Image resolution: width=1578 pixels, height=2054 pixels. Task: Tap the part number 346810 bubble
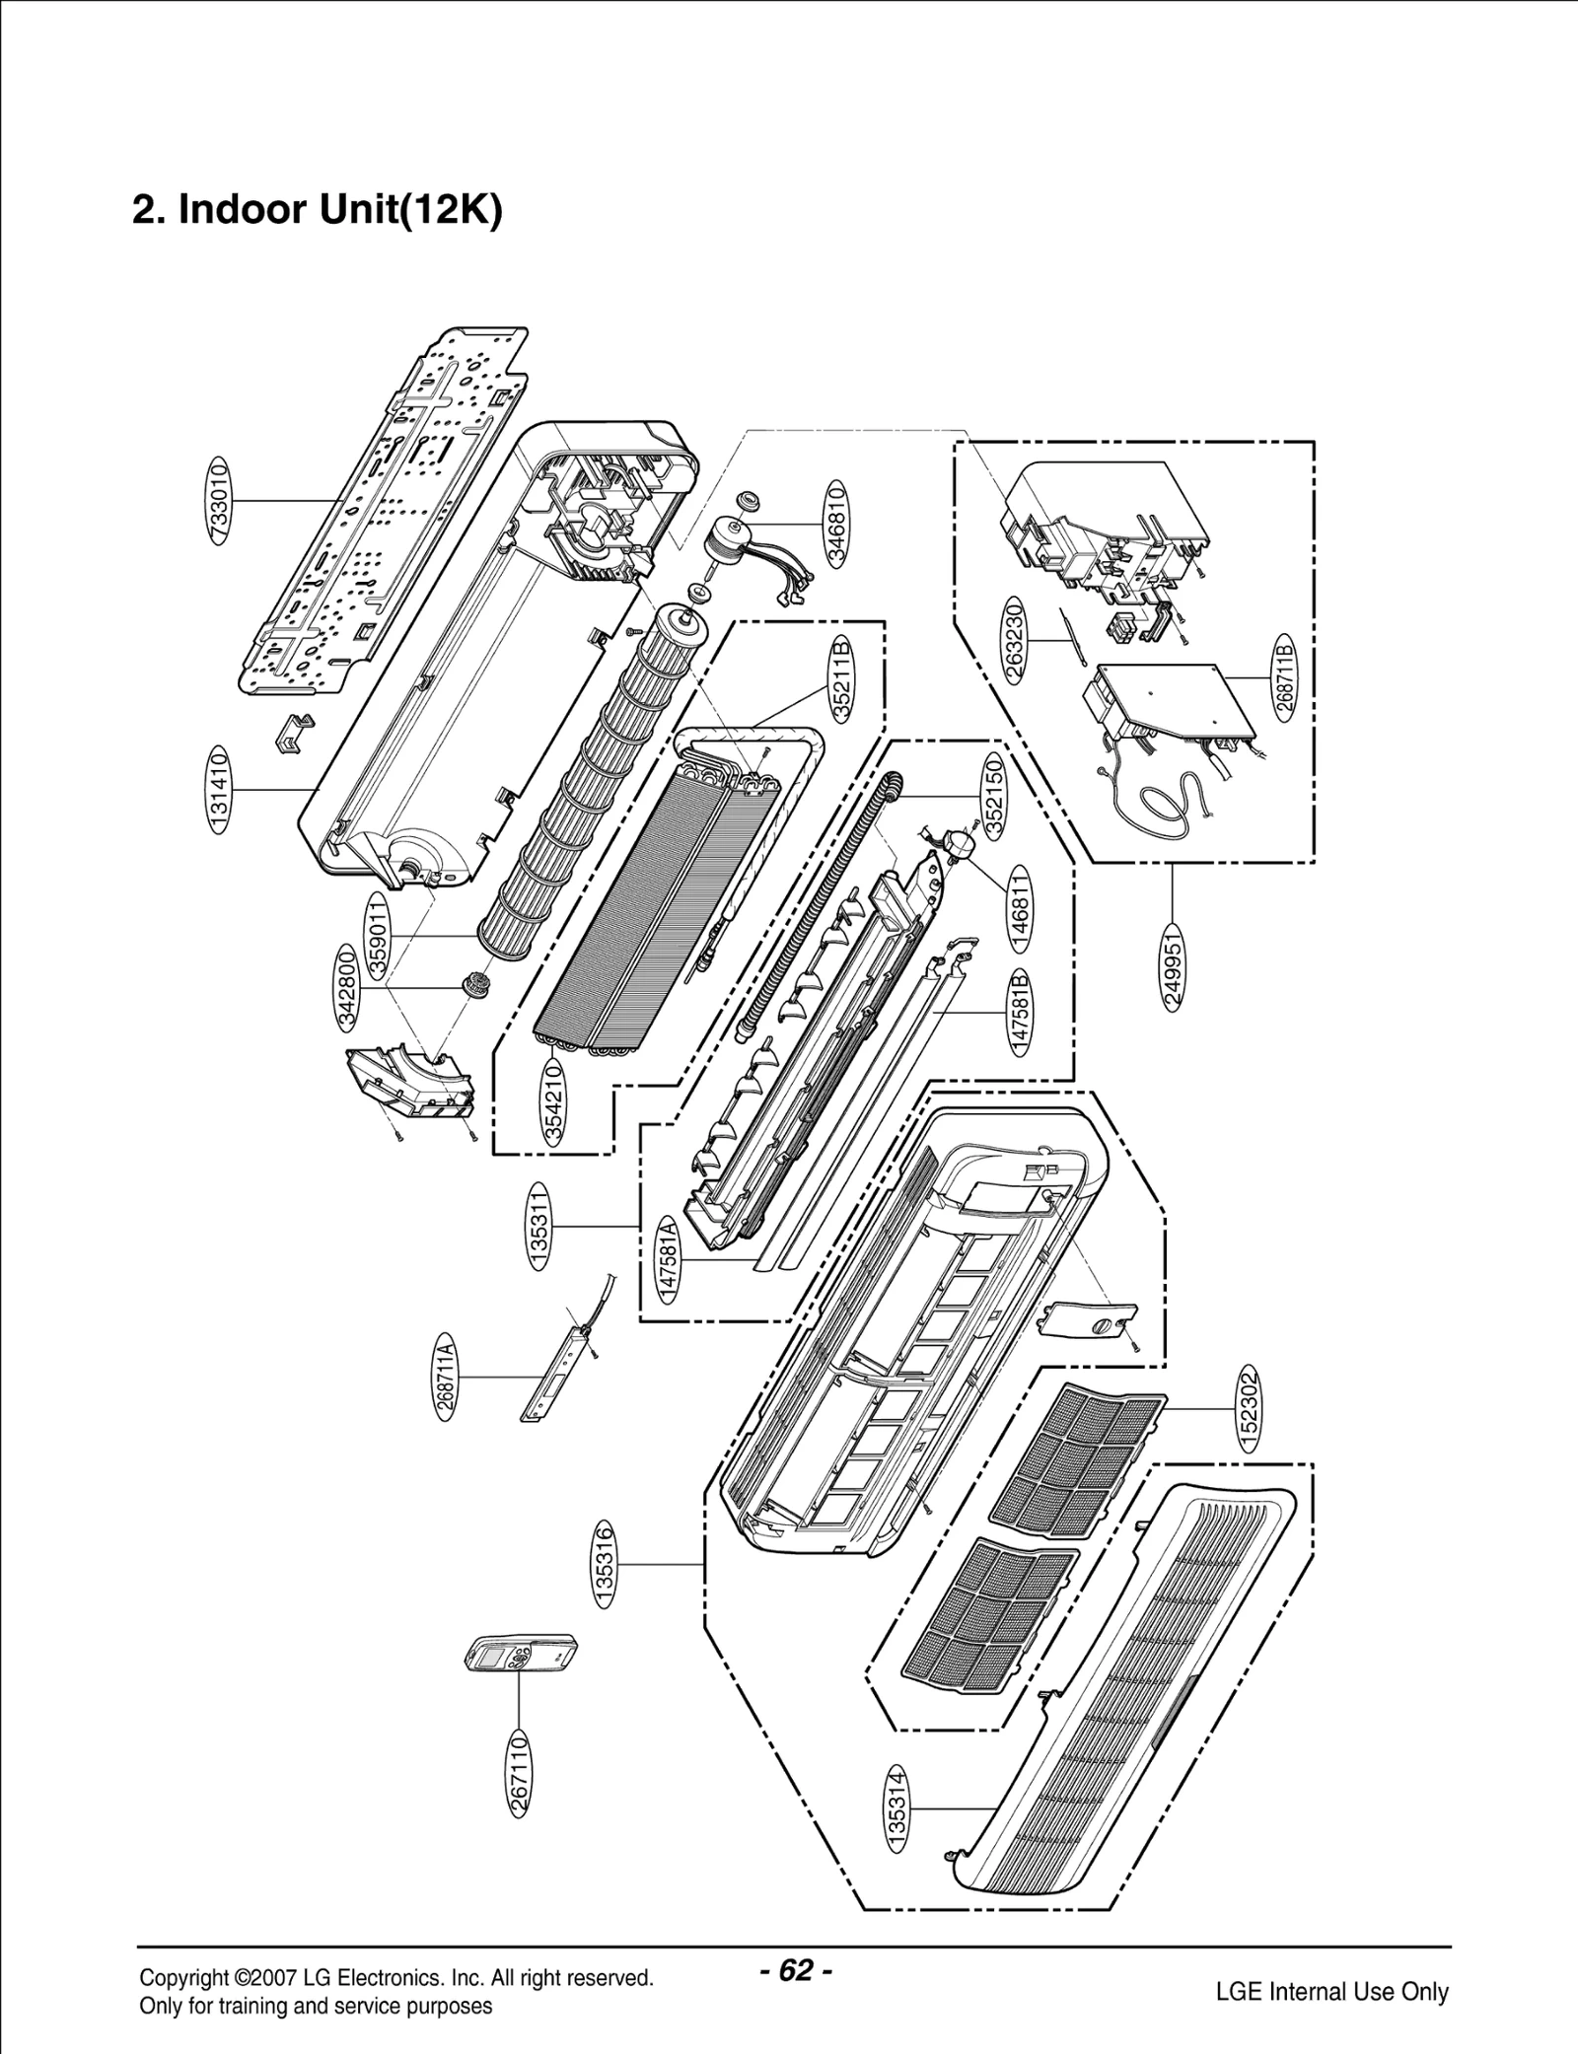[x=837, y=523]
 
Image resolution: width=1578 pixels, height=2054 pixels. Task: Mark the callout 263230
[x=1017, y=640]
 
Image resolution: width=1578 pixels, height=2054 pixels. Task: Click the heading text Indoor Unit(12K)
[x=318, y=210]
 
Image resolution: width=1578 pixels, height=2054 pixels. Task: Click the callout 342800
[x=347, y=987]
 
